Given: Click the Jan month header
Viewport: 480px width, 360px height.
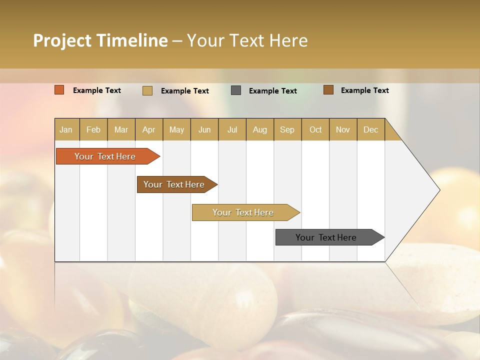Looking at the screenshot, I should point(66,129).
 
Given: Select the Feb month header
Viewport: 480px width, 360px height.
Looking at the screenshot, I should point(93,129).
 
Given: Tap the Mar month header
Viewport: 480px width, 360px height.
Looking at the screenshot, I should point(121,129).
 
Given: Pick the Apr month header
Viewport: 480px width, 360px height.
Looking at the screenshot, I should point(149,129).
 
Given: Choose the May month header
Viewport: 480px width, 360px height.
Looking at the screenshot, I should point(176,129).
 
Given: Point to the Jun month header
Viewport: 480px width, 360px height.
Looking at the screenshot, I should point(204,129).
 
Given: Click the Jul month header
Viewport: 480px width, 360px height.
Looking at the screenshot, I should point(232,129).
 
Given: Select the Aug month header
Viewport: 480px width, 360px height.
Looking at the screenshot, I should point(260,129).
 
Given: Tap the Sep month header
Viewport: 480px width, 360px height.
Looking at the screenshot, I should point(287,129).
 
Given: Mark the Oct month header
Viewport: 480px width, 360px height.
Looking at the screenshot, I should point(315,129).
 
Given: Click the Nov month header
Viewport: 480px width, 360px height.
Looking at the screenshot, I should point(343,129).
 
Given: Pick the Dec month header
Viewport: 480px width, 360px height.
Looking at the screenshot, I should point(371,129).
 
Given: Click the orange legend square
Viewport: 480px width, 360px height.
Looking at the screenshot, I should point(59,90).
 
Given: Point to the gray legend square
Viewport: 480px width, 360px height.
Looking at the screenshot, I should point(236,90).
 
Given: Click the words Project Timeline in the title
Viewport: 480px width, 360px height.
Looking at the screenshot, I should point(100,40).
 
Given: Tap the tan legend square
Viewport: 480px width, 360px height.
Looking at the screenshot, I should point(147,90).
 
